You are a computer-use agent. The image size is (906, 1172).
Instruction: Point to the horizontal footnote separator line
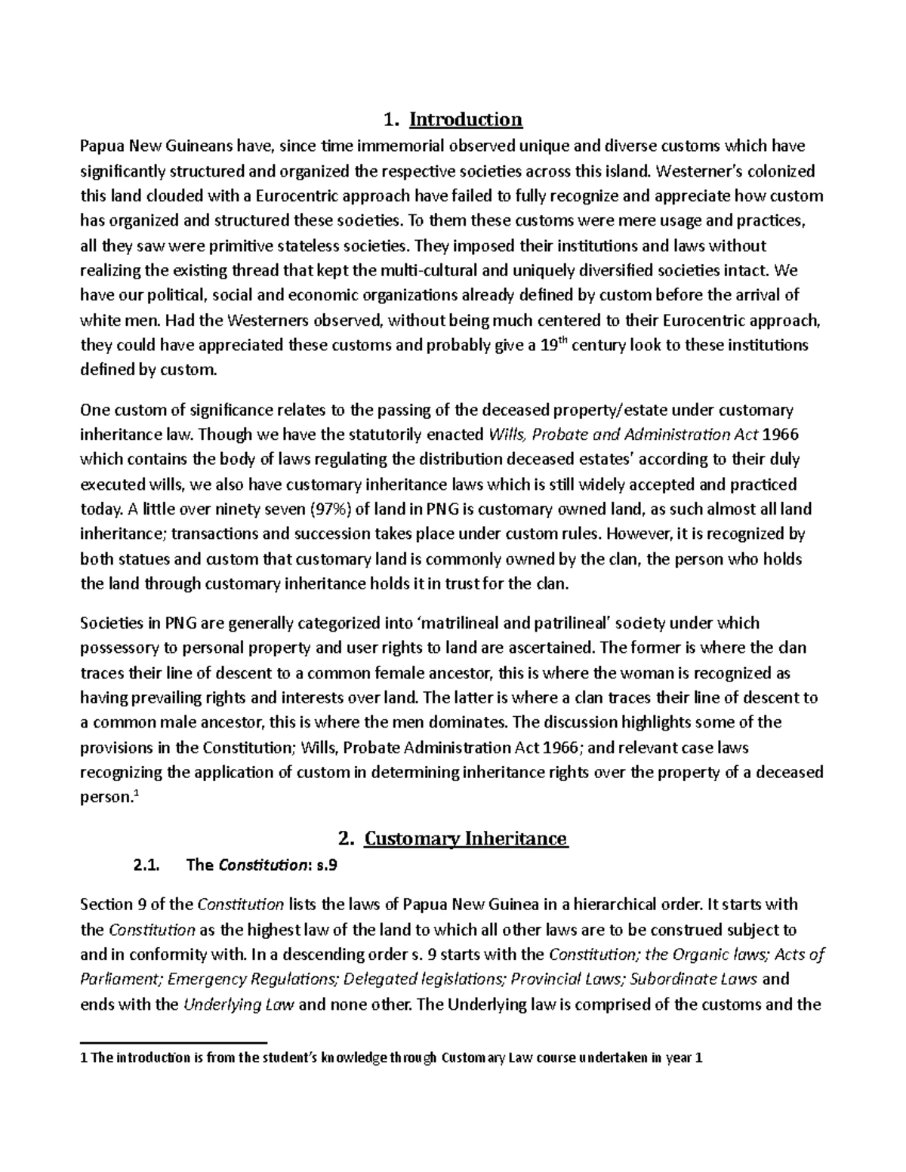[174, 1042]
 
